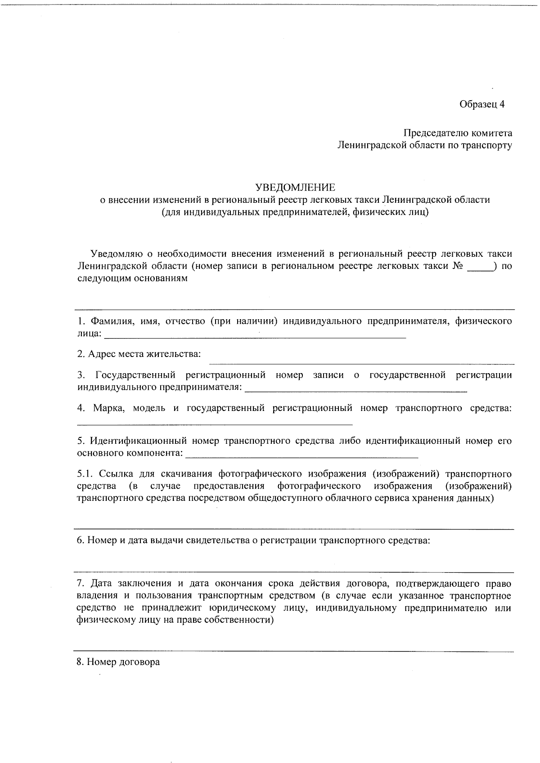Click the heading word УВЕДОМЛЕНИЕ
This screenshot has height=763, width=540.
(x=295, y=187)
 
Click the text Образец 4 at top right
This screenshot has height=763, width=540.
(x=482, y=104)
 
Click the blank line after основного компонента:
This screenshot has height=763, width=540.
(x=301, y=455)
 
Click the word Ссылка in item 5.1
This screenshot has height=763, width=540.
(x=115, y=474)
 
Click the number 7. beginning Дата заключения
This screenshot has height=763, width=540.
(x=81, y=584)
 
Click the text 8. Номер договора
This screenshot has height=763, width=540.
(x=118, y=662)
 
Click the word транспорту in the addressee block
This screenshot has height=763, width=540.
(x=489, y=145)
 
